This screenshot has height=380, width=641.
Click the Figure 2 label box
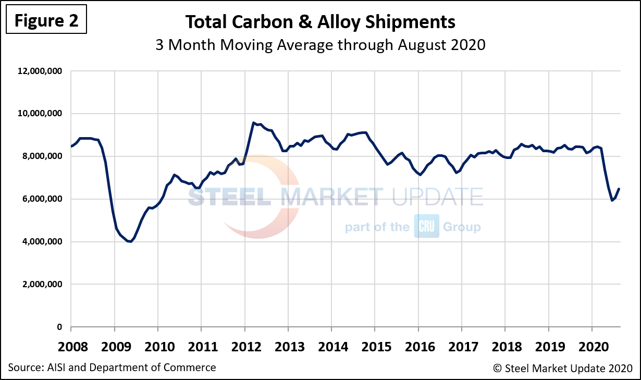tap(46, 20)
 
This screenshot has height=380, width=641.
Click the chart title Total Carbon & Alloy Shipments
tap(320, 22)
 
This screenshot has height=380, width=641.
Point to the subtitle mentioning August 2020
tap(320, 45)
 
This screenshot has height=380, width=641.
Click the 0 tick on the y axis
tap(59, 327)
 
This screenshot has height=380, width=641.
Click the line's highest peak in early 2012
tap(253, 123)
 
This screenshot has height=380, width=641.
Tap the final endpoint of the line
tap(619, 189)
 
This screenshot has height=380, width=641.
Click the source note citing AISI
tap(112, 367)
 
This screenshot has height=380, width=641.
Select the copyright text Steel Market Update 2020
tap(563, 368)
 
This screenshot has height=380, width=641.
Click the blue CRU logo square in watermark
tap(427, 226)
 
